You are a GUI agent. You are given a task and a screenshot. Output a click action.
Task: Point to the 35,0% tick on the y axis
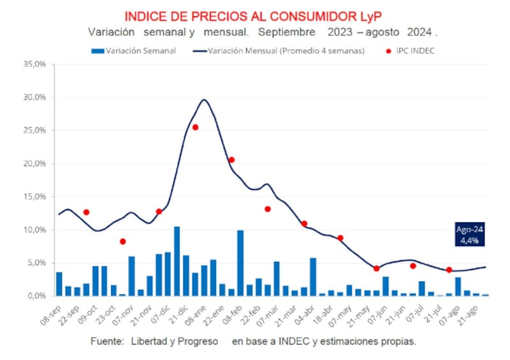coord(34,64)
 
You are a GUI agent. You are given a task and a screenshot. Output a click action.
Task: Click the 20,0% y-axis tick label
coord(34,164)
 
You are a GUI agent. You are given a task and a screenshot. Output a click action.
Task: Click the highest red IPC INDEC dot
coord(195,127)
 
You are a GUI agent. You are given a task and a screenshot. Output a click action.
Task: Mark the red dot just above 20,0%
coord(231,160)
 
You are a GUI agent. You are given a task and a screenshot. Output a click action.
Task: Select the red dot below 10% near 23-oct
coord(122,241)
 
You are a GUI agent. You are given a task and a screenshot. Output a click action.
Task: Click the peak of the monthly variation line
coord(204,100)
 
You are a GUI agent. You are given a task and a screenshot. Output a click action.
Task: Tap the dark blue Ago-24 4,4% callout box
coord(470,234)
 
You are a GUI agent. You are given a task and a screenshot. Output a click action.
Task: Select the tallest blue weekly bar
coord(177,261)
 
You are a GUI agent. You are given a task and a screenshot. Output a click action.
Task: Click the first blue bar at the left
coord(59,284)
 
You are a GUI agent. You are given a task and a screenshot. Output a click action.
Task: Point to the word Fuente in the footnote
coord(106,342)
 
